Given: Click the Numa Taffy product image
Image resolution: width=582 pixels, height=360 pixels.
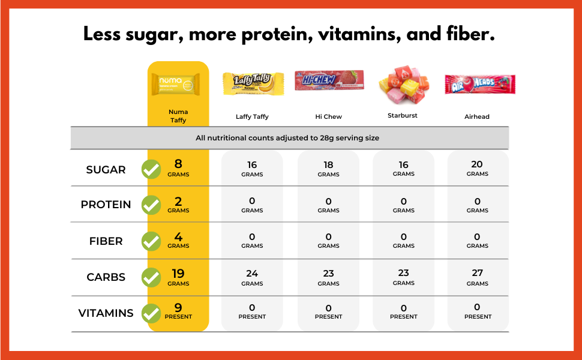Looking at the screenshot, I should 178,85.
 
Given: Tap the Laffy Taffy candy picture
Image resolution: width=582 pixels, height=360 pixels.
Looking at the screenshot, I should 252,84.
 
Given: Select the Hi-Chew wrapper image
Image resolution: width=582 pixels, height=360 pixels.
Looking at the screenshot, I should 329,80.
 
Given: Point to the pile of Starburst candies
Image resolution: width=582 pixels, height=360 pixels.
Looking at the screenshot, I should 403,85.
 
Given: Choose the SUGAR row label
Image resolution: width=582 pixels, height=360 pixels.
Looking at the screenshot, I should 106,170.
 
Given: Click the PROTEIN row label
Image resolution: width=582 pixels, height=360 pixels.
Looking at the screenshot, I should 106,205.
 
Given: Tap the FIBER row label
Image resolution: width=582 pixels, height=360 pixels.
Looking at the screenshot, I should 106,241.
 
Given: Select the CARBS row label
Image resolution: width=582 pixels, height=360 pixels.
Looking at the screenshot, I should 106,277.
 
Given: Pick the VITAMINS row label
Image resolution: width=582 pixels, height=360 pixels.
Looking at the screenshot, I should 106,313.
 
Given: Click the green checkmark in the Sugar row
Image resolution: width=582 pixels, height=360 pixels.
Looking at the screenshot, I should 151,170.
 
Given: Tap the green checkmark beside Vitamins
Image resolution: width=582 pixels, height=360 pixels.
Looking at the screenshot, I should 151,313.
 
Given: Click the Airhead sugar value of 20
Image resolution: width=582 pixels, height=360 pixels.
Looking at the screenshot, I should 478,165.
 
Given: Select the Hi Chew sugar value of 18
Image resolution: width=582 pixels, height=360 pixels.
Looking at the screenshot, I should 329,165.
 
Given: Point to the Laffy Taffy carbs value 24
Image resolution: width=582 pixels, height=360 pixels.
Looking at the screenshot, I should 252,274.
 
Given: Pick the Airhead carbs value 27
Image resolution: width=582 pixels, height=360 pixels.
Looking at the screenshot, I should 478,274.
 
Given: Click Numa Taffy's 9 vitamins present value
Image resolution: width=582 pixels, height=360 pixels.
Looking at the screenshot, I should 178,308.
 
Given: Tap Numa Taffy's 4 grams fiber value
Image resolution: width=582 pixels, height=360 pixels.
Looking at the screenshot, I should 178,238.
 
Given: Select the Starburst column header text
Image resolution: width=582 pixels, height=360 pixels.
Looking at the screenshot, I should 403,115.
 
